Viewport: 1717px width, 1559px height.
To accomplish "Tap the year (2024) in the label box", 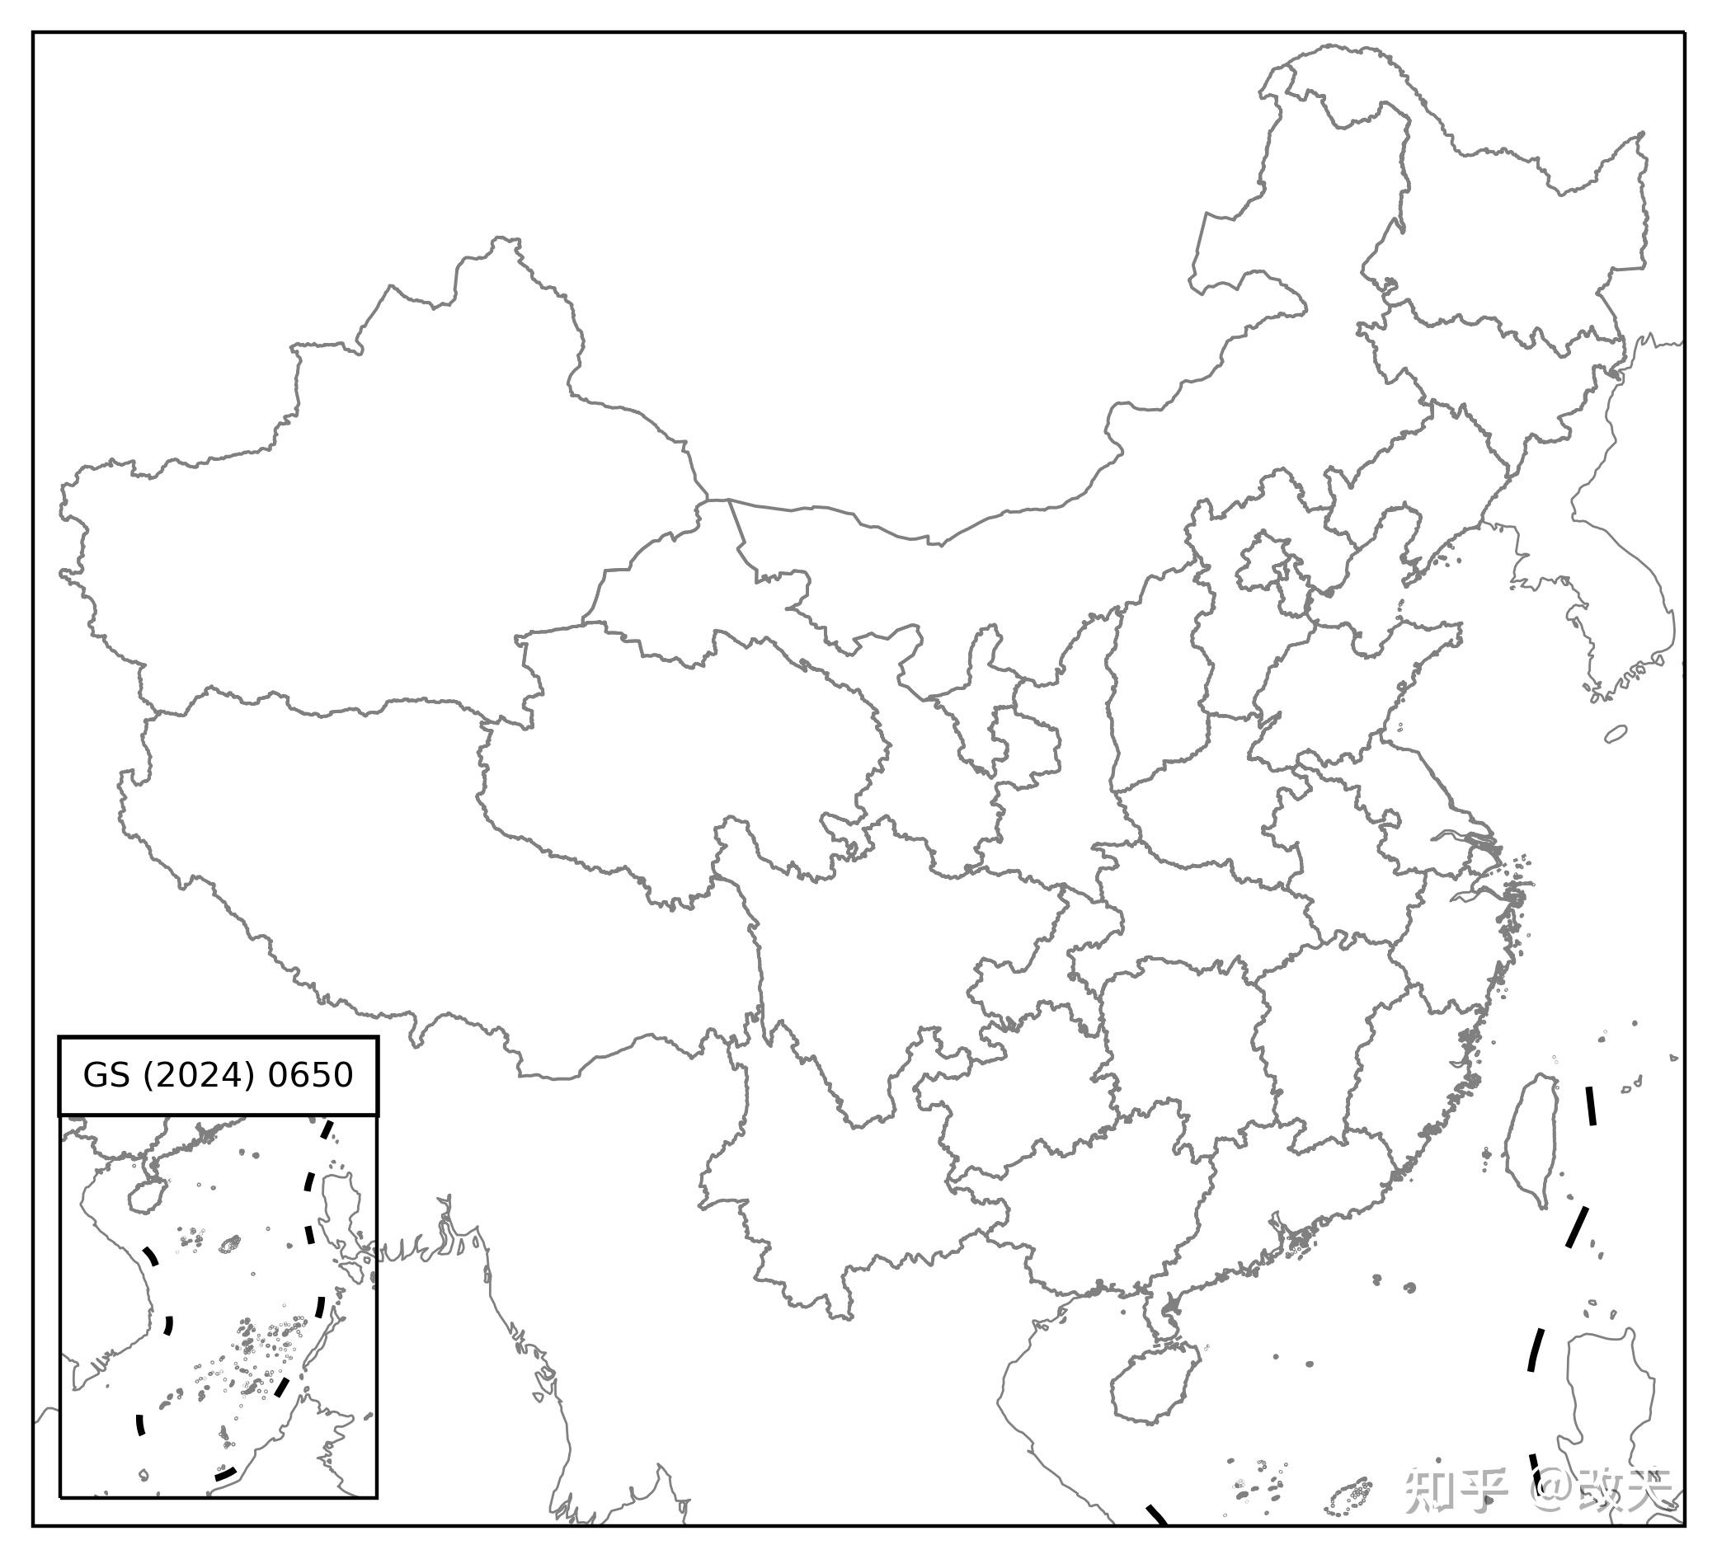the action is click(x=200, y=1075).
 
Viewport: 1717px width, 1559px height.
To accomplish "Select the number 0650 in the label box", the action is click(x=310, y=1075).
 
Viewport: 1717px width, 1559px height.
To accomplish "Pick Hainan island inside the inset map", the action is click(x=146, y=1196).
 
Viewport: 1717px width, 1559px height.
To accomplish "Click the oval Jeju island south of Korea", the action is click(x=1616, y=734).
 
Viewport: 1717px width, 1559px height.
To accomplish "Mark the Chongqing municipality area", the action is click(x=1026, y=970).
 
